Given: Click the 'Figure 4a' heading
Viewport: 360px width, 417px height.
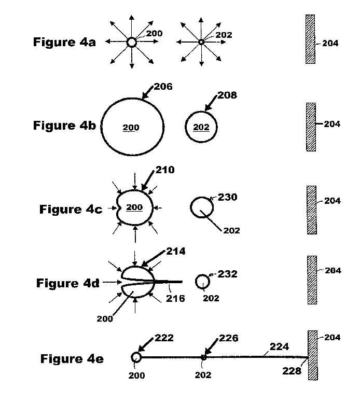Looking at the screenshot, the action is pos(64,42).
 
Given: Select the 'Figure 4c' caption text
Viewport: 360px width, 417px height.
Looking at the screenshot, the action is pos(71,210).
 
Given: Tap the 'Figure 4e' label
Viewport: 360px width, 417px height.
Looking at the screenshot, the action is pos(72,359).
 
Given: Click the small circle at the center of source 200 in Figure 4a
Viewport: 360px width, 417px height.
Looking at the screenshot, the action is pos(131,42).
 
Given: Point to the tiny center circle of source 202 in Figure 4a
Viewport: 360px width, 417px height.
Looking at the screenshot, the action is pos(201,42).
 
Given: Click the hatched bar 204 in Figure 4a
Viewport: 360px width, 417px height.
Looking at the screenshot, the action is pos(310,39).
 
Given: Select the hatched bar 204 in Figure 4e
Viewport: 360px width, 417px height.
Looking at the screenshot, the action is pos(313,355).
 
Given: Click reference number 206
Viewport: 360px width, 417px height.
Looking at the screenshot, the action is pos(163,87).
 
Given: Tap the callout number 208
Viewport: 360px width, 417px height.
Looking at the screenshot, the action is pos(227,95).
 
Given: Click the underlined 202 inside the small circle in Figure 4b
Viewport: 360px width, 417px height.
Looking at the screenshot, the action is pos(201,127).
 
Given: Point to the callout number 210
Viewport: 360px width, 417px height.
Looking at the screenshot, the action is pos(165,170).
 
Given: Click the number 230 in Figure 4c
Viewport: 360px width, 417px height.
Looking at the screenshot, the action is pos(228,197).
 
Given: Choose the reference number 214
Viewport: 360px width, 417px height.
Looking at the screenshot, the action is pos(176,252).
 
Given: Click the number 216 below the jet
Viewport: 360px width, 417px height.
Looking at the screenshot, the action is pos(175,298).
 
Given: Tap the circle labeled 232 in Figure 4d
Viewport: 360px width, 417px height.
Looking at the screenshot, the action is pos(202,282).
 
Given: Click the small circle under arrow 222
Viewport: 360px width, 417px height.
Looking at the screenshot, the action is pos(136,357).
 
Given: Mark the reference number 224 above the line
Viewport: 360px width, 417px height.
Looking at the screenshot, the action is pos(279,346).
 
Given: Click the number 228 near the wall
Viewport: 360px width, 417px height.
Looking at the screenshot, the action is pos(292,371).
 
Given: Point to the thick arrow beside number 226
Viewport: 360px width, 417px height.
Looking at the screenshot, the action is pos(212,346).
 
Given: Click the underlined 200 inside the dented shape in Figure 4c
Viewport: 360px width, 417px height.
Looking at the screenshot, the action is pos(134,207).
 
